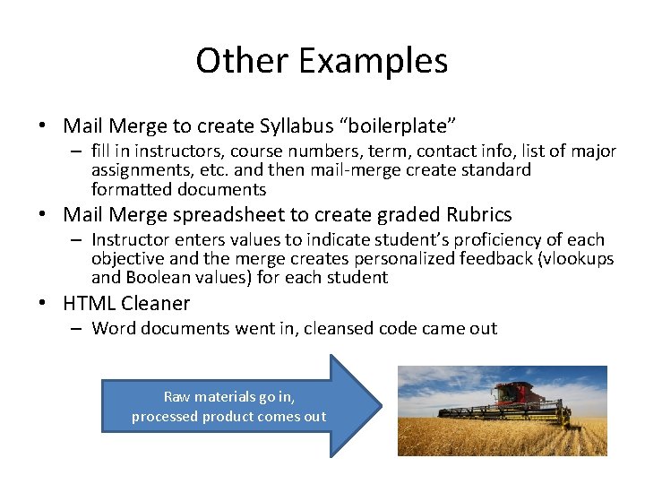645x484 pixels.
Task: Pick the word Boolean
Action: (159, 277)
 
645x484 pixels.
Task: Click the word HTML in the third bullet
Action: (90, 303)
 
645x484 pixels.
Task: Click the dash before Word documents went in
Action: (77, 328)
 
